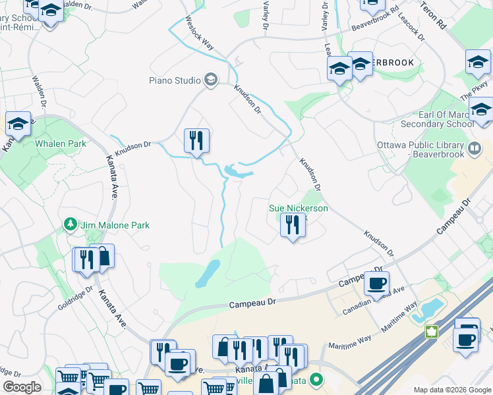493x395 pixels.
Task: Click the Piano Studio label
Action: (175, 81)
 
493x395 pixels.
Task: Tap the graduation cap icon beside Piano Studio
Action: (211, 80)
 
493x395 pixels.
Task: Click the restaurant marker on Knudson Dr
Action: (196, 141)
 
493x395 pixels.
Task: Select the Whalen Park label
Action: (61, 144)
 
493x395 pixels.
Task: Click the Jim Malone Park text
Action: (115, 225)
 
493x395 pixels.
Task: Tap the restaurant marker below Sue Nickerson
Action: (291, 226)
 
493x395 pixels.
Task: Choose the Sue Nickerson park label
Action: (298, 209)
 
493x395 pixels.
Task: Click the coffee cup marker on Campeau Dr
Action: (376, 284)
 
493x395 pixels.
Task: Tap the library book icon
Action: (475, 147)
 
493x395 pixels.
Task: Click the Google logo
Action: (22, 387)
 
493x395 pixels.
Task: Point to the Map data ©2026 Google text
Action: (452, 390)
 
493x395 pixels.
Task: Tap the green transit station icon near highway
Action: (432, 331)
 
